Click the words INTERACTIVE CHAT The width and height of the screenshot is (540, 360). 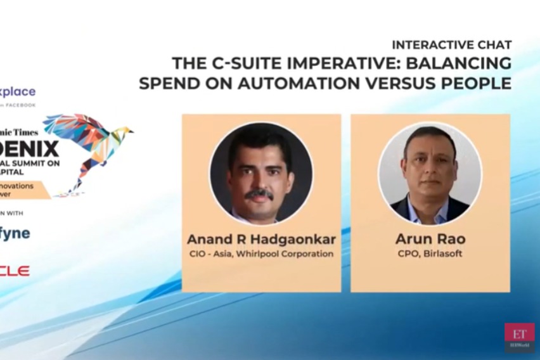(451, 45)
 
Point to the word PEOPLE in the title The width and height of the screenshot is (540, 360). (475, 83)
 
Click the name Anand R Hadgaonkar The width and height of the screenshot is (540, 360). (261, 240)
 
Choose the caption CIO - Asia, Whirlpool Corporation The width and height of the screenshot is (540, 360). (261, 254)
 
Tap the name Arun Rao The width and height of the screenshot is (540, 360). (430, 240)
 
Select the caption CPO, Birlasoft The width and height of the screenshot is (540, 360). (430, 254)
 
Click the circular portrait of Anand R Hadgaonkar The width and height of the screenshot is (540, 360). (261, 173)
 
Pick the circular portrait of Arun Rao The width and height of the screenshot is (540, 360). (430, 173)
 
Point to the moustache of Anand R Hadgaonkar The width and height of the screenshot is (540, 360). (259, 195)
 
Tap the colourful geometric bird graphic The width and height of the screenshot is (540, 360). (89, 143)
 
